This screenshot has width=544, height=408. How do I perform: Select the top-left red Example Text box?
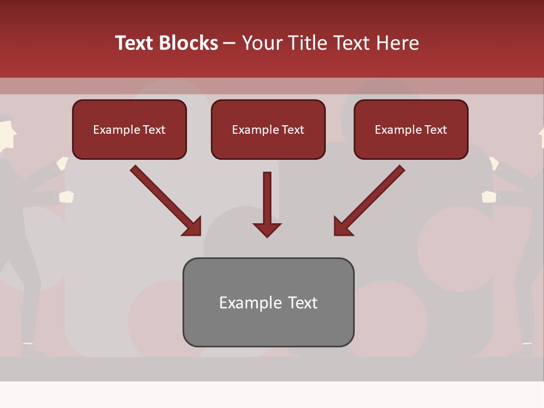pos(129,129)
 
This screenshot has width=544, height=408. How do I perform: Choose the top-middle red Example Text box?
pos(268,129)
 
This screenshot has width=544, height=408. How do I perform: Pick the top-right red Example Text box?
pos(411,129)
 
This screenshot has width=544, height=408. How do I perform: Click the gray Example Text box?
pos(268,302)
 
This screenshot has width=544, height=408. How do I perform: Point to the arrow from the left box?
pos(165,201)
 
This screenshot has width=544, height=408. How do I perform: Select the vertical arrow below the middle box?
pos(267,204)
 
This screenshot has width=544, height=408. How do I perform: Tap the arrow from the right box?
pos(369,201)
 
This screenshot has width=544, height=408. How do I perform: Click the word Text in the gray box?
pos(302,303)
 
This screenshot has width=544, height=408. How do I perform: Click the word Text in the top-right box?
pos(435,130)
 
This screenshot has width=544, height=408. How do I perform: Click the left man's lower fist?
pos(66,197)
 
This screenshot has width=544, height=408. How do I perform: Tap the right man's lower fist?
pos(488,197)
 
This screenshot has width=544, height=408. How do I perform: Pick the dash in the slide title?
pos(229,43)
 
